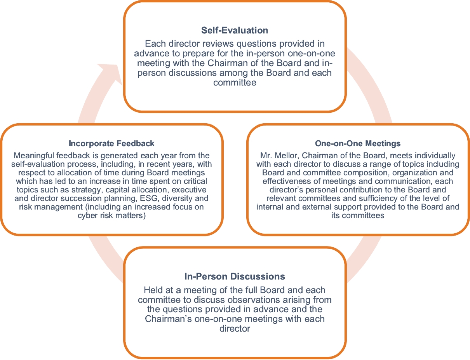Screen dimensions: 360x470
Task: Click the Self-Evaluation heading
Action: tap(235, 30)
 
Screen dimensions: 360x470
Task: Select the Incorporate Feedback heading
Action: tap(111, 144)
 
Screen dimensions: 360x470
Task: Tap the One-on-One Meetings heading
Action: tap(358, 144)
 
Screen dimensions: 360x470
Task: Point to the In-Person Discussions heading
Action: tap(235, 277)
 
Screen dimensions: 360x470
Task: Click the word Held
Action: tap(152, 290)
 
